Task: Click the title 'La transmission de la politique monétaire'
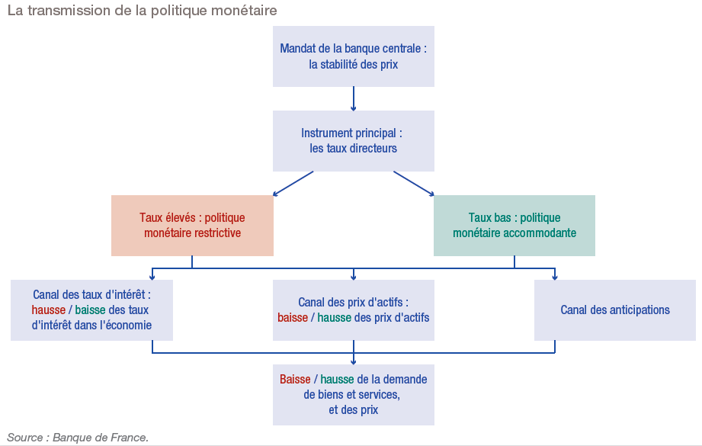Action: coord(142,11)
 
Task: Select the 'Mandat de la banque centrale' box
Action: coord(354,56)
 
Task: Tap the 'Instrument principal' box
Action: coord(354,141)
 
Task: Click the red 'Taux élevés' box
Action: coord(192,225)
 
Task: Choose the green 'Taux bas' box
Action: coord(514,225)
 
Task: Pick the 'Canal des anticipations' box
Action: coord(614,310)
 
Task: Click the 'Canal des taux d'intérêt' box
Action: coord(91,310)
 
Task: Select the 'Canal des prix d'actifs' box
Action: coord(354,310)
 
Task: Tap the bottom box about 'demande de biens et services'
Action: coord(354,394)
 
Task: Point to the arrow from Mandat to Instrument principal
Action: coord(354,99)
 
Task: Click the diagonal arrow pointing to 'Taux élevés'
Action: coord(293,183)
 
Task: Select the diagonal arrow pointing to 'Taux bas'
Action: coord(414,183)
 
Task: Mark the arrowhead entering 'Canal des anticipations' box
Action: coord(555,276)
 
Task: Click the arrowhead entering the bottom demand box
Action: coord(354,361)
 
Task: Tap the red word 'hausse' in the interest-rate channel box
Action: coord(49,310)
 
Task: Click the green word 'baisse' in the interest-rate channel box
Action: coord(91,310)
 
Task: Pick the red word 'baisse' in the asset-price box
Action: coord(293,317)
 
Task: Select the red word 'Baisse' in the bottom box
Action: coord(295,379)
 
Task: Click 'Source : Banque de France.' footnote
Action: coord(78,438)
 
